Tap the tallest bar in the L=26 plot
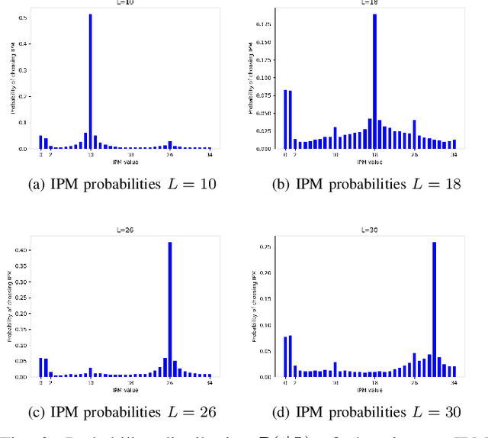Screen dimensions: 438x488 click(x=169, y=309)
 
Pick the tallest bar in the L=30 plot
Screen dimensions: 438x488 click(x=434, y=309)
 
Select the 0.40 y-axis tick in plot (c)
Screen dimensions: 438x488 click(x=26, y=250)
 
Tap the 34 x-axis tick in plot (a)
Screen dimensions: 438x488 click(x=210, y=154)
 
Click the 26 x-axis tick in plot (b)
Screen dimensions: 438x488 click(x=414, y=154)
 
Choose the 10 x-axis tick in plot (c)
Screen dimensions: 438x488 click(x=90, y=382)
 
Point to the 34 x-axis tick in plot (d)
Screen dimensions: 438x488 click(x=454, y=382)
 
